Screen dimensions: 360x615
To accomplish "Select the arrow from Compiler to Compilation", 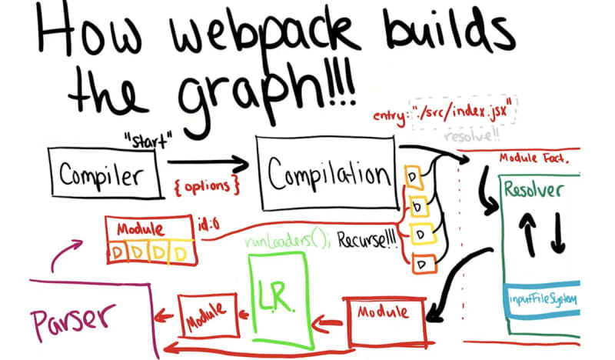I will (x=208, y=163).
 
